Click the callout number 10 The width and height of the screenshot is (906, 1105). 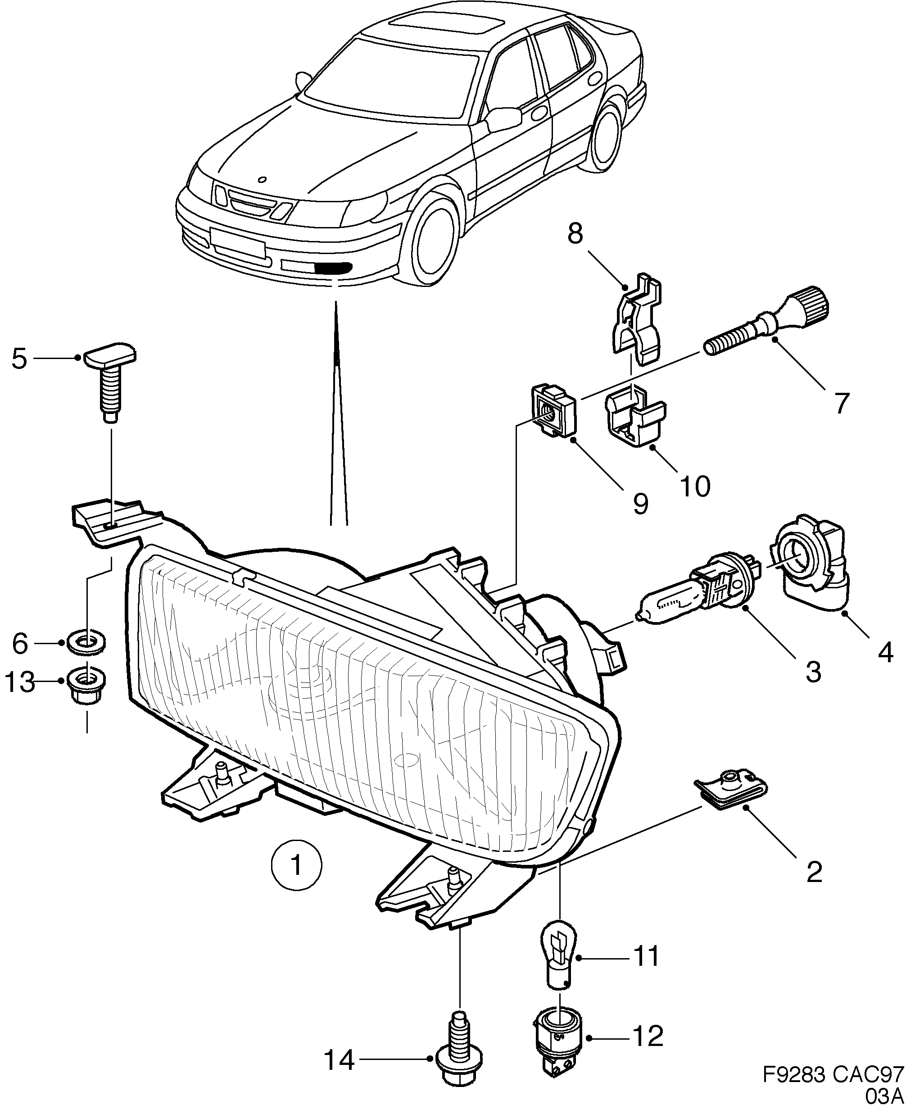[695, 487]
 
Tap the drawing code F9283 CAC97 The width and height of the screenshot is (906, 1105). [833, 1075]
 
